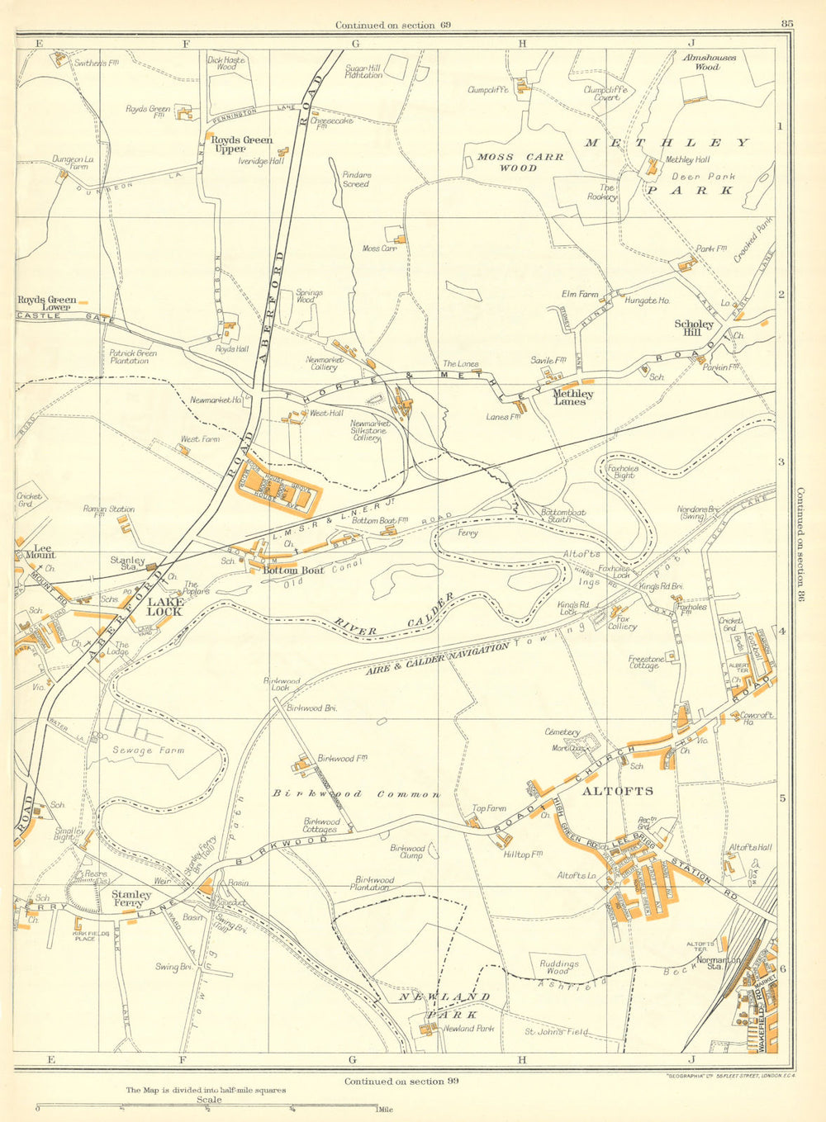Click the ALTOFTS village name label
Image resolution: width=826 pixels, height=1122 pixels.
(618, 791)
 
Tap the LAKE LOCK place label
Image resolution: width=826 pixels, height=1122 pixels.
(164, 607)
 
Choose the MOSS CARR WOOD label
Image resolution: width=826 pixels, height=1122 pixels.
(521, 162)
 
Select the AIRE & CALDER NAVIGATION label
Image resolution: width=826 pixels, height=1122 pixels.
(437, 660)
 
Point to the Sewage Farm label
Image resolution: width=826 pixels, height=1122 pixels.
(149, 750)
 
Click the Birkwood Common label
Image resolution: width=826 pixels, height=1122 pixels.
(357, 793)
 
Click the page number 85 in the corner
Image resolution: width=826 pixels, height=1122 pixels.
(786, 24)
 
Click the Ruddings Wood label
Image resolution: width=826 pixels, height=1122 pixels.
(559, 967)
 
